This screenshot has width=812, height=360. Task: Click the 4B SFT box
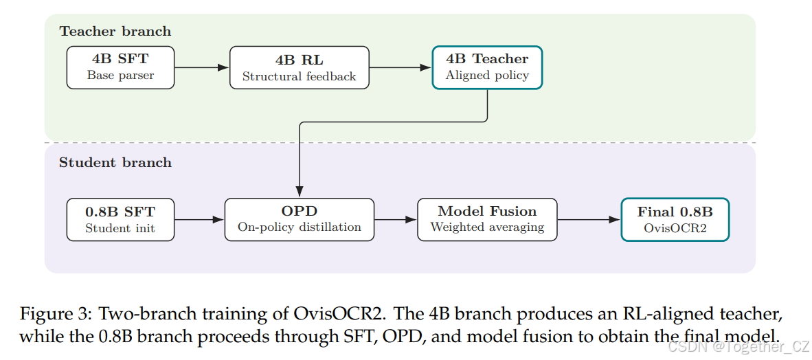tap(121, 67)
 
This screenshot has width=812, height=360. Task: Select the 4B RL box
tap(300, 67)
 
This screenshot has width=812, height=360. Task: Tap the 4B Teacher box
tap(487, 67)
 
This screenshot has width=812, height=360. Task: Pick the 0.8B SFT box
tap(120, 220)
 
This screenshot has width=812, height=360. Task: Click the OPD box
tap(300, 220)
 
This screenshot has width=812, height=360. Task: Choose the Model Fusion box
tap(487, 220)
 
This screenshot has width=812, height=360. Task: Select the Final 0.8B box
tap(675, 220)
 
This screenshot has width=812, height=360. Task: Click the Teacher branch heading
tap(115, 31)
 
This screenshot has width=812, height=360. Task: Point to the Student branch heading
tap(115, 163)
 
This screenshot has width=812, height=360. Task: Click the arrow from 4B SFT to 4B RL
tap(202, 67)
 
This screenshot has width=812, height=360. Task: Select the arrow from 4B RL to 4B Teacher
tap(401, 67)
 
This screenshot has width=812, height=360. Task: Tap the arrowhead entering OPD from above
tap(300, 192)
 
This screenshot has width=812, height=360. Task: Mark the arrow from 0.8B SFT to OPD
tap(199, 220)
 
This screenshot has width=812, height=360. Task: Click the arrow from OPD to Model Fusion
tap(396, 220)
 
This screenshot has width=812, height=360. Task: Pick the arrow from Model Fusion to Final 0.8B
tap(589, 220)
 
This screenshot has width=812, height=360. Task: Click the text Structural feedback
tap(300, 77)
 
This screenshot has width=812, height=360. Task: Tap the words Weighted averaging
tap(487, 227)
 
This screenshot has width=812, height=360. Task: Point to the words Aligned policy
tap(487, 76)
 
